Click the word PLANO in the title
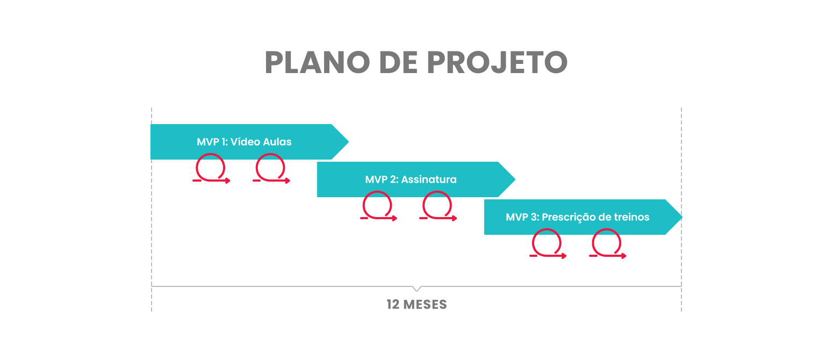pos(317,62)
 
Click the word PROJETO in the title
pos(497,62)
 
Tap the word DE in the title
pos(398,62)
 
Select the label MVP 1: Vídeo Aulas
pos(244,142)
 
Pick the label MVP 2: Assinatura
pos(411,179)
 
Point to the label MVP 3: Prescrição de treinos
pos(578,217)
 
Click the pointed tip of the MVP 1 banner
pos(348,142)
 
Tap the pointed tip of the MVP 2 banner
pos(515,179)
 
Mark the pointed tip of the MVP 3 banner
pos(682,217)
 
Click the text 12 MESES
pos(417,305)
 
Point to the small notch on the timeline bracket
pos(417,289)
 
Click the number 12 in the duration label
pos(393,305)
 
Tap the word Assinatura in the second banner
pos(429,179)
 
